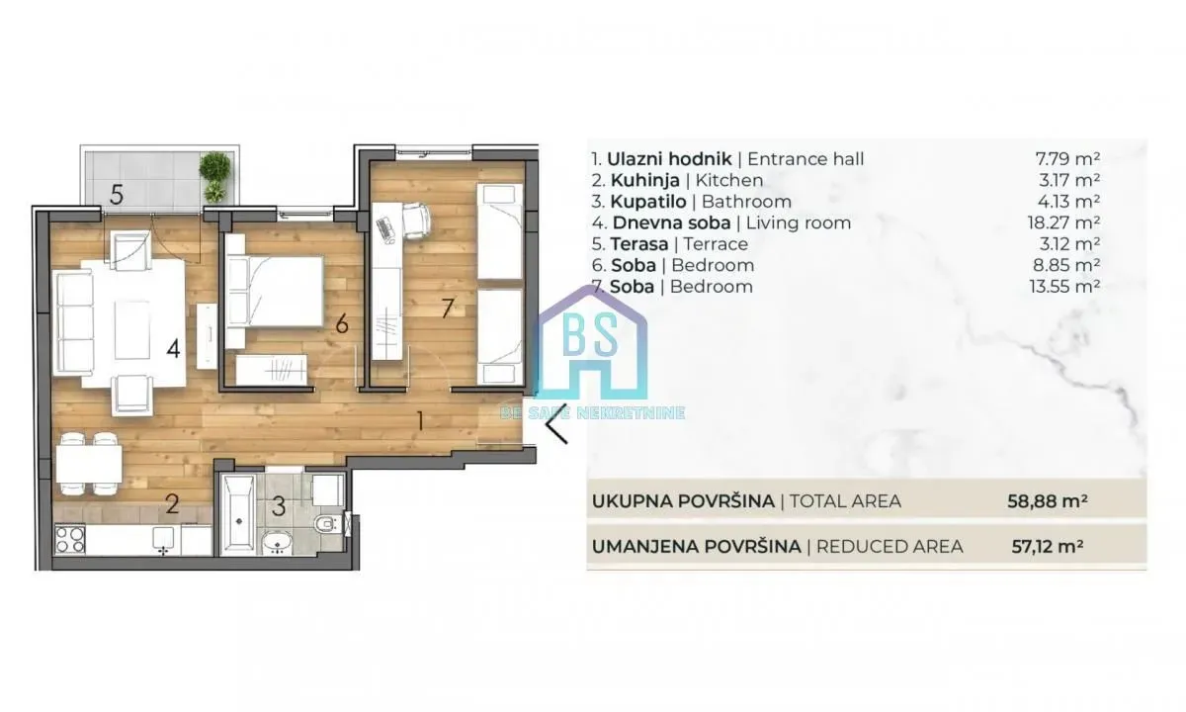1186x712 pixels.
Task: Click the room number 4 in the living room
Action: click(173, 348)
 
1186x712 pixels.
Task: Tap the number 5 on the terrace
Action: click(117, 195)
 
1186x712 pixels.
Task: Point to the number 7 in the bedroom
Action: click(447, 308)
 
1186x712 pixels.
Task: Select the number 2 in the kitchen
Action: click(172, 505)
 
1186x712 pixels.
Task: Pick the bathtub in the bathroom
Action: click(238, 514)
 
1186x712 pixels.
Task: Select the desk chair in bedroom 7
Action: click(415, 220)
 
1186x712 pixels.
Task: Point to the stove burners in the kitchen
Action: click(69, 539)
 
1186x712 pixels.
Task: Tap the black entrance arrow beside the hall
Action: click(557, 429)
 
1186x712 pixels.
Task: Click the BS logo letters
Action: click(591, 336)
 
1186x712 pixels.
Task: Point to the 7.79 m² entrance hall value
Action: click(1067, 158)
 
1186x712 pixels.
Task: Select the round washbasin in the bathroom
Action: click(277, 541)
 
